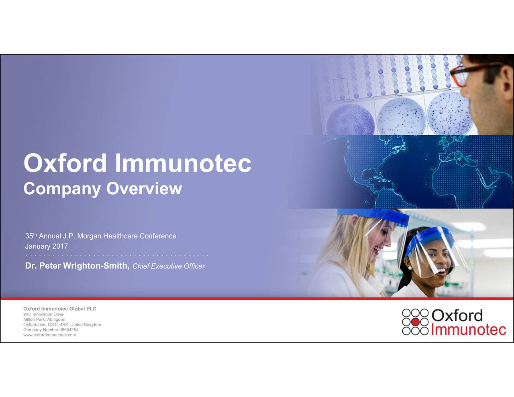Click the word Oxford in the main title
tap(65, 163)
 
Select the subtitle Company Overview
tap(102, 189)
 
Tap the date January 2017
tap(47, 246)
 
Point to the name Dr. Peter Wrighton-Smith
tap(77, 266)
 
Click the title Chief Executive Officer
tap(169, 266)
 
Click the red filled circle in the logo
tap(416, 322)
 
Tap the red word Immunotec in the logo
tap(469, 330)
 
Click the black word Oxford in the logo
tap(457, 316)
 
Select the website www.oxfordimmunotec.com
tap(49, 335)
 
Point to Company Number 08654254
tap(51, 330)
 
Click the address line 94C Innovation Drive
tap(43, 314)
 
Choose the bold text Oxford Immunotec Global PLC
tap(59, 309)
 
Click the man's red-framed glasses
tap(466, 72)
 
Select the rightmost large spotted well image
tap(449, 114)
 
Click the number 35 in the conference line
tap(29, 236)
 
